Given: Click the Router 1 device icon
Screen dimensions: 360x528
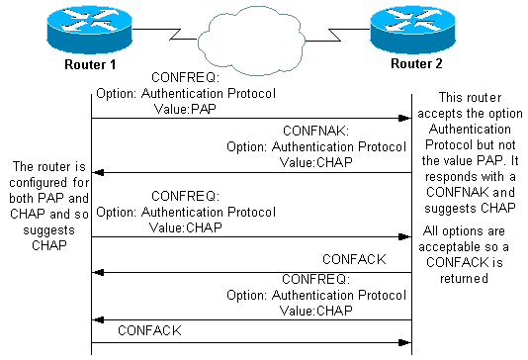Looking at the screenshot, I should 91,31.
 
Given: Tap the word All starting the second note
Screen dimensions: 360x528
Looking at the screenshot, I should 432,232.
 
